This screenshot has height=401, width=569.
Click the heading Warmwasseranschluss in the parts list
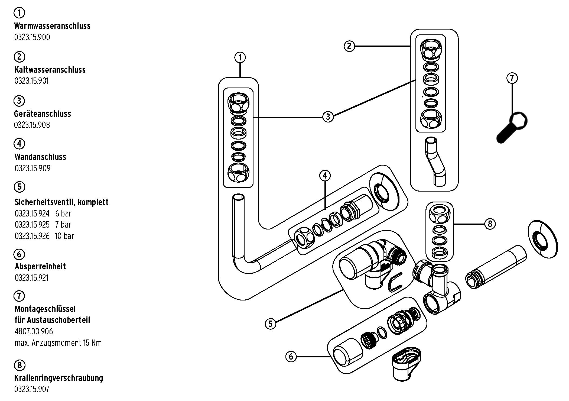pyautogui.click(x=52, y=26)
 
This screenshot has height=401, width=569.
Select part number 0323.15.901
pyautogui.click(x=32, y=81)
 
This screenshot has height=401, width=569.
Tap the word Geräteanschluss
pyautogui.click(x=43, y=114)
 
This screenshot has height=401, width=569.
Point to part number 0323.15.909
pyautogui.click(x=32, y=168)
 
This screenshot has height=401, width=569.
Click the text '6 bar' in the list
pyautogui.click(x=63, y=214)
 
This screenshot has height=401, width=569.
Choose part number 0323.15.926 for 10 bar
pyautogui.click(x=32, y=236)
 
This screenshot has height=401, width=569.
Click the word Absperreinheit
pyautogui.click(x=40, y=266)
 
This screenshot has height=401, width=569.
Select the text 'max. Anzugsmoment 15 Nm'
pyautogui.click(x=58, y=343)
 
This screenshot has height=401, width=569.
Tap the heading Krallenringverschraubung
pyautogui.click(x=59, y=378)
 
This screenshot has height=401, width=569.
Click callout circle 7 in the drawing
pyautogui.click(x=512, y=78)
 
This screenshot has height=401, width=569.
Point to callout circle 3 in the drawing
pyautogui.click(x=328, y=117)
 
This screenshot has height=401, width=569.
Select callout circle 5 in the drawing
pyautogui.click(x=270, y=324)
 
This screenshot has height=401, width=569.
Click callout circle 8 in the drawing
pyautogui.click(x=490, y=224)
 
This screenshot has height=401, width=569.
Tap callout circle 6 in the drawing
pyautogui.click(x=291, y=356)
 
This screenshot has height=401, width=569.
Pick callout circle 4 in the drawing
pyautogui.click(x=325, y=176)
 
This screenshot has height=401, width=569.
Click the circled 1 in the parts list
pyautogui.click(x=19, y=13)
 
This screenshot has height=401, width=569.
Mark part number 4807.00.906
pyautogui.click(x=34, y=331)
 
